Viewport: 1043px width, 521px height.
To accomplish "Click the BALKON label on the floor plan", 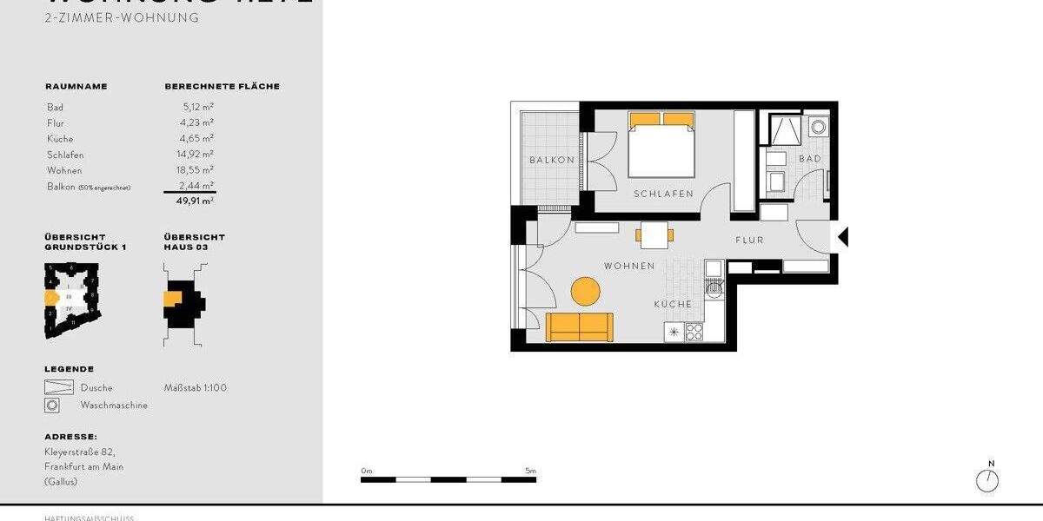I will tap(552, 160).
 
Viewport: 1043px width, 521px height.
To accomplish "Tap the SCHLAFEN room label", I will tap(663, 194).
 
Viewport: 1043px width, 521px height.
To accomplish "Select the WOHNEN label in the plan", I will tap(629, 266).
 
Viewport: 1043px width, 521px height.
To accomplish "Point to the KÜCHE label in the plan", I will tap(674, 304).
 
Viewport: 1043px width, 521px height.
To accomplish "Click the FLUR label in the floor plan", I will tap(749, 240).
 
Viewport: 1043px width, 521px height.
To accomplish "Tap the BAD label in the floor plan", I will tap(810, 159).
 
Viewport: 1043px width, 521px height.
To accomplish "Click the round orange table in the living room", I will tap(585, 291).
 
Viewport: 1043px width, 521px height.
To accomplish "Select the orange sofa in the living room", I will tap(580, 326).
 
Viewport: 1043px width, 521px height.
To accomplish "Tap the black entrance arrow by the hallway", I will tap(842, 236).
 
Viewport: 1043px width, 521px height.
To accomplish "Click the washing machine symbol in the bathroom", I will tap(818, 128).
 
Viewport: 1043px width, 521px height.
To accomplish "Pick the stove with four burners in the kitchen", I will tap(694, 331).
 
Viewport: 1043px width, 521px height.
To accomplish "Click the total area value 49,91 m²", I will tap(196, 201).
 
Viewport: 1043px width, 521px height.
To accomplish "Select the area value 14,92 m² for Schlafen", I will tap(197, 155).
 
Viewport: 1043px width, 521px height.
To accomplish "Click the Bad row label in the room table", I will tap(55, 107).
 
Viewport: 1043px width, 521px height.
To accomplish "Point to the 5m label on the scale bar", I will tap(530, 471).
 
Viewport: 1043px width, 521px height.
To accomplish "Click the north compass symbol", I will tap(987, 480).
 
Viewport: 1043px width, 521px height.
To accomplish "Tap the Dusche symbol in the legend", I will tap(58, 387).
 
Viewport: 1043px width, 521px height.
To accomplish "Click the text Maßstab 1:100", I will tap(196, 387).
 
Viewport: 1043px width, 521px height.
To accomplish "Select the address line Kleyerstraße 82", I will tap(80, 452).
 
